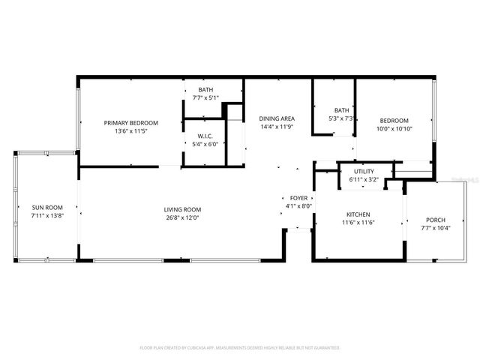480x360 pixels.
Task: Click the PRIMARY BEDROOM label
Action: click(x=131, y=123)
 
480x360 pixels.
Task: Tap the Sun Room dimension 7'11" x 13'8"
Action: click(x=46, y=215)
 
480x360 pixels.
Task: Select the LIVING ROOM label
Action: click(x=183, y=209)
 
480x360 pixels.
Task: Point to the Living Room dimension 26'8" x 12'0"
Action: click(x=183, y=218)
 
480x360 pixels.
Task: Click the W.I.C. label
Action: click(x=205, y=136)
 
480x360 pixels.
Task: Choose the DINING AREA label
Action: click(x=277, y=118)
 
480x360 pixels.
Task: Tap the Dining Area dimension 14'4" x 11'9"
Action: click(x=277, y=127)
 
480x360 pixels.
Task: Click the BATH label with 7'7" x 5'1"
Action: click(x=205, y=90)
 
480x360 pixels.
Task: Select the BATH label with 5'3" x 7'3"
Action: click(x=341, y=109)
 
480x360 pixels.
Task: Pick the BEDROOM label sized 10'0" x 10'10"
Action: click(x=394, y=121)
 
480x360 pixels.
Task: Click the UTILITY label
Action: click(x=364, y=171)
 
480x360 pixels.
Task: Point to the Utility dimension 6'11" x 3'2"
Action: click(x=364, y=180)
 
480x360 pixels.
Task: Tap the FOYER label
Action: click(x=298, y=197)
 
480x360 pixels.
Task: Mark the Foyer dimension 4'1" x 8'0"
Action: click(x=298, y=206)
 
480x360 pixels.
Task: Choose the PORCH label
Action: click(x=435, y=220)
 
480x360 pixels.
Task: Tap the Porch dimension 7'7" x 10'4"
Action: click(x=435, y=229)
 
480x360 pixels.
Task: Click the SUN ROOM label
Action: click(x=46, y=207)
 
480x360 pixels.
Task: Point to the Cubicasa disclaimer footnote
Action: click(x=240, y=348)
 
